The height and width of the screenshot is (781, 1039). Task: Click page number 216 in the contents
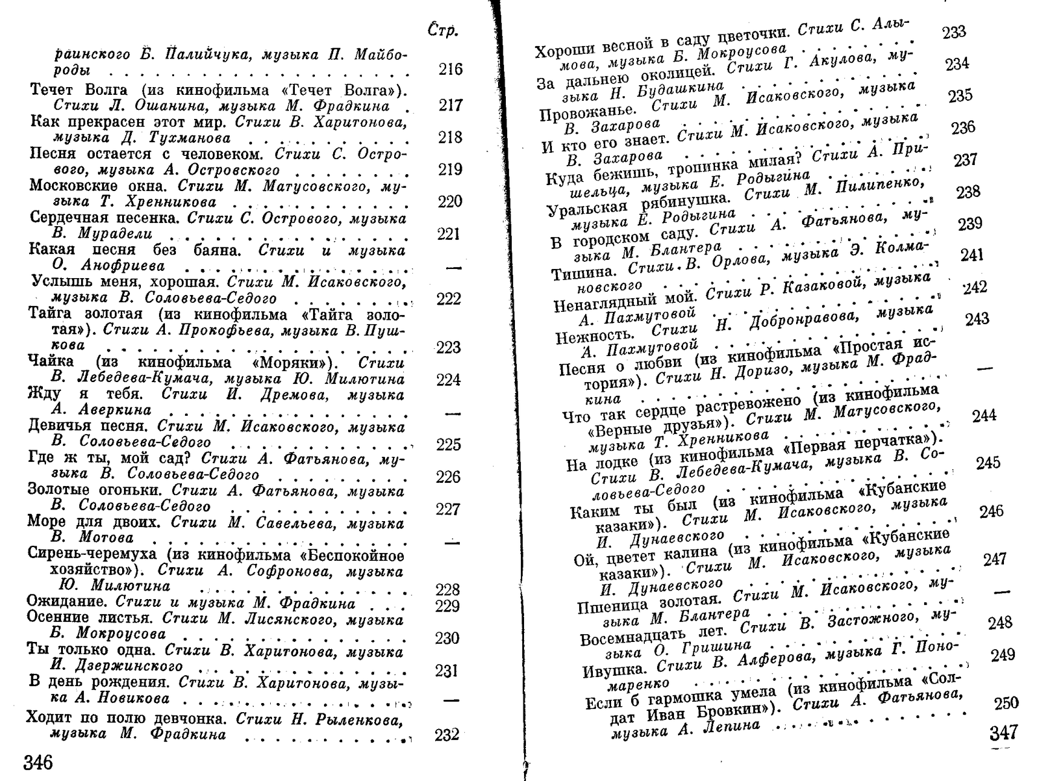450,70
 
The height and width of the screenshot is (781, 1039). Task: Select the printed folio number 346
38,762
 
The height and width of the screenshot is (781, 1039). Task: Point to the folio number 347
1003,733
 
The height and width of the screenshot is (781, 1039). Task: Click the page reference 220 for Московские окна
449,201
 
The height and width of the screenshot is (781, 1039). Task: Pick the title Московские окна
91,186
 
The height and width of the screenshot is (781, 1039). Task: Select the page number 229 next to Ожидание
447,606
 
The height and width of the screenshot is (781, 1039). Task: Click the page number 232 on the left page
447,735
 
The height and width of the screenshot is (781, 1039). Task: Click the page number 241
971,255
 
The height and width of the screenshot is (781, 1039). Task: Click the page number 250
1005,703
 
